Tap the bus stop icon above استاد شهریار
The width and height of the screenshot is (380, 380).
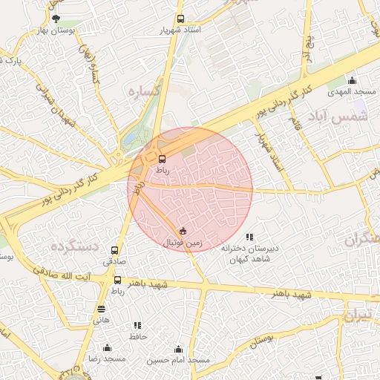click(180, 19)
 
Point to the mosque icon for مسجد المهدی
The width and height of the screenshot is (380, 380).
click(352, 81)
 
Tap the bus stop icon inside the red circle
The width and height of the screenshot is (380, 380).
click(163, 158)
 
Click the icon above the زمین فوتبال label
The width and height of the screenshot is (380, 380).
click(183, 231)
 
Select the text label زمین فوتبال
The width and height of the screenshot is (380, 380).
click(183, 243)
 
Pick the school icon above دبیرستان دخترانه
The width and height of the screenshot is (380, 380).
click(249, 236)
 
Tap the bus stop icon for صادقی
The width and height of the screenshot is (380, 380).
click(114, 250)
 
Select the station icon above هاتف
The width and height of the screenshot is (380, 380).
click(101, 309)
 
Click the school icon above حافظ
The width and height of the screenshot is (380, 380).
click(138, 325)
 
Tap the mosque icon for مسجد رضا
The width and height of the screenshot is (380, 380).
click(107, 347)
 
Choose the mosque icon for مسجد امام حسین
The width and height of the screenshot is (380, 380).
click(178, 348)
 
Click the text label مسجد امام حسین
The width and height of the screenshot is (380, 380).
click(178, 360)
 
